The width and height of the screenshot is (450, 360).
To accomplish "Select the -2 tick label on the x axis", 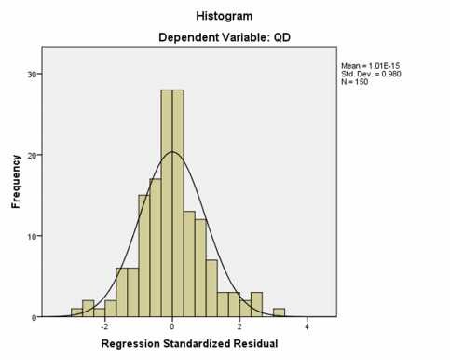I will click(104, 328).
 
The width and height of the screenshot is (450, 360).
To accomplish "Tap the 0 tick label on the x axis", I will click(172, 328).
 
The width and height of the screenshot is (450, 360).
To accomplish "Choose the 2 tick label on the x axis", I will click(239, 328).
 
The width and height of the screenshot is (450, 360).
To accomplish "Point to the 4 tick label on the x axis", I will click(307, 328).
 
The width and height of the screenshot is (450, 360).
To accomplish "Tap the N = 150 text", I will click(358, 81).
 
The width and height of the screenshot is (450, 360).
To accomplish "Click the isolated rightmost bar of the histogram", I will click(279, 312).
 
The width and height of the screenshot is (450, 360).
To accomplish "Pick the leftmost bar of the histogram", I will click(76, 312).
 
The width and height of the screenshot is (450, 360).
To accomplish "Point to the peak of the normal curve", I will click(172, 152).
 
